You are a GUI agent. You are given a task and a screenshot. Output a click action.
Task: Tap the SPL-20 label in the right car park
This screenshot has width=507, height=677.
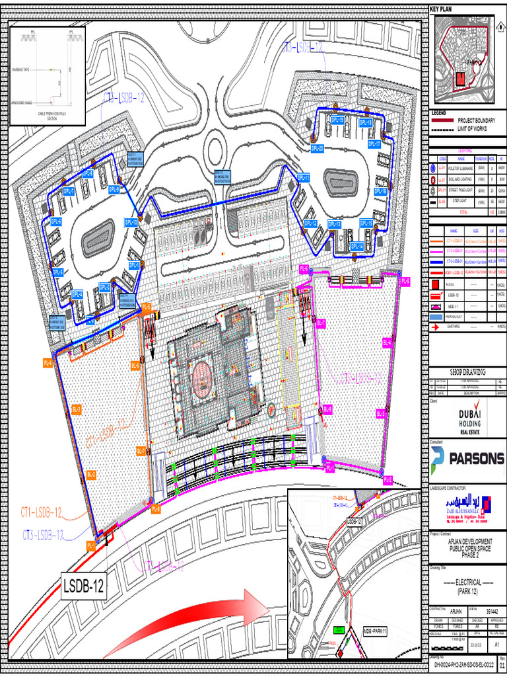click(x=317, y=148)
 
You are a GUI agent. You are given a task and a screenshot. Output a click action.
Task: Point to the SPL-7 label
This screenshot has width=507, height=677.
click(x=69, y=191)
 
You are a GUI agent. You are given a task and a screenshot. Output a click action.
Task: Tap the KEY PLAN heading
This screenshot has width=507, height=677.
click(x=444, y=9)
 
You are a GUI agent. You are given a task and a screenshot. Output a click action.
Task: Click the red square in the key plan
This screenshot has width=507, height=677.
click(x=461, y=78)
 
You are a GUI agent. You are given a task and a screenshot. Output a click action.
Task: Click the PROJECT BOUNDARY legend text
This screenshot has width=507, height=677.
click(x=477, y=121)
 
